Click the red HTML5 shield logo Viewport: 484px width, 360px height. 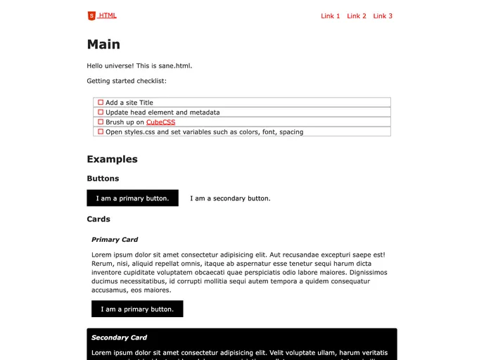coord(91,15)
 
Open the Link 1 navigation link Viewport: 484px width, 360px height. coord(330,16)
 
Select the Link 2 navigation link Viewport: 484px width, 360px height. coord(357,16)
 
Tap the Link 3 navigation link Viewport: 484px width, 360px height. coord(383,16)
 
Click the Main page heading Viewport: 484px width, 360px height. coord(103,44)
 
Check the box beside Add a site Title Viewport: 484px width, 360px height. coord(101,103)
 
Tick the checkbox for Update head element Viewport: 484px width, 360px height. coord(101,112)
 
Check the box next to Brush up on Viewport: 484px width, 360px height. coord(101,122)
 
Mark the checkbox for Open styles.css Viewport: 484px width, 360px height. coord(101,131)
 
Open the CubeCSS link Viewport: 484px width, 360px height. coord(160,122)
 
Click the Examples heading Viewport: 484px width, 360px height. coord(112,159)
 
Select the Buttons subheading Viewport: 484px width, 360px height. coord(103,179)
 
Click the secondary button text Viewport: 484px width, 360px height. coord(230,198)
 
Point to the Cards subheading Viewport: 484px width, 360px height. coord(98,219)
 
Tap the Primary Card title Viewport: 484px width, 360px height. coord(115,240)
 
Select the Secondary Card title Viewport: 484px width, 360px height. coord(119,337)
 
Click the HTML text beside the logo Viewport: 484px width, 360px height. coord(108,15)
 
